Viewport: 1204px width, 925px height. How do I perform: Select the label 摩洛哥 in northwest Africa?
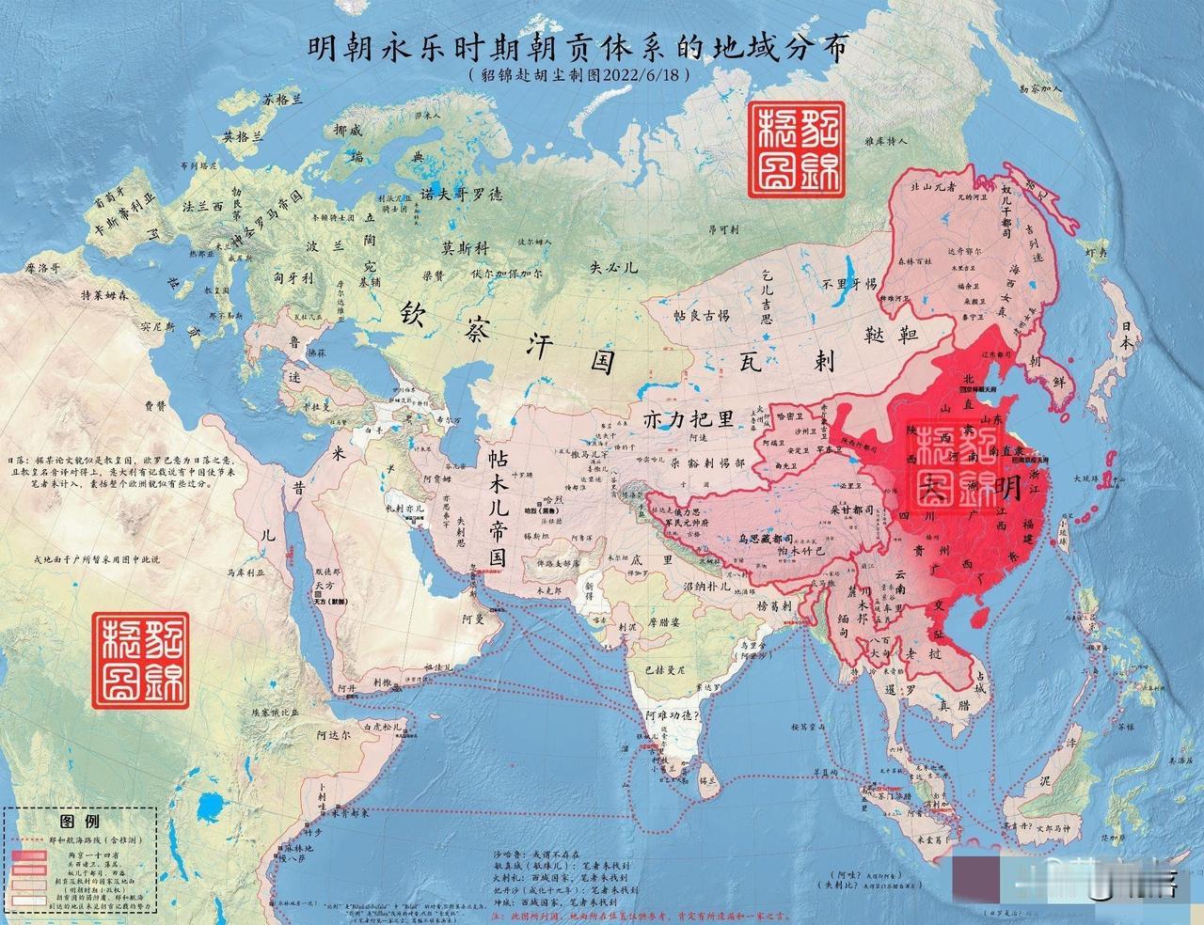43,267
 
